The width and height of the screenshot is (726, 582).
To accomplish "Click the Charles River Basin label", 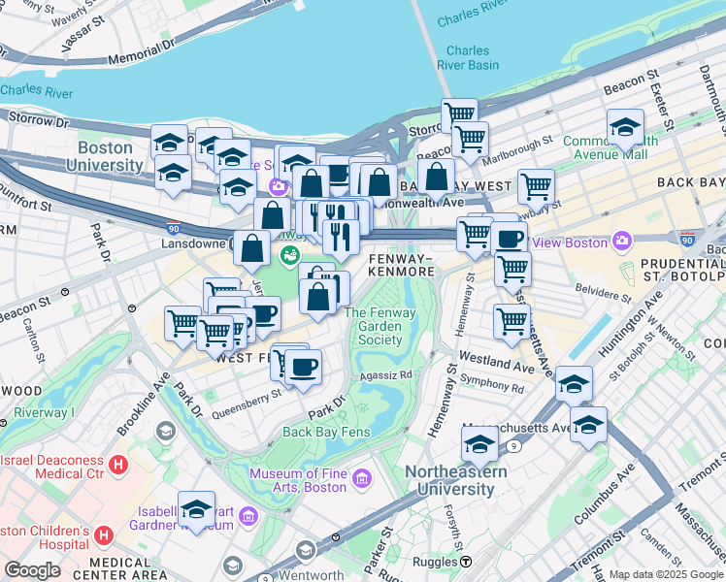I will pos(473,58).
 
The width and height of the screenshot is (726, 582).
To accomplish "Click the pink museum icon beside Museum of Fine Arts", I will pos(362,476).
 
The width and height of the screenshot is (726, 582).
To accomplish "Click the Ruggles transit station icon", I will pos(466,562).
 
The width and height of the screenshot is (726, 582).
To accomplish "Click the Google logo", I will pos(33,570).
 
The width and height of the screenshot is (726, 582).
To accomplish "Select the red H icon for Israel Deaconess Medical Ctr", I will pos(118,465).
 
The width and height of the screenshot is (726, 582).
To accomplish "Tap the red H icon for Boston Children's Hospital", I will pos(105,534).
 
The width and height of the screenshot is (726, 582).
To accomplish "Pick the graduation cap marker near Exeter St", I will pos(625,126).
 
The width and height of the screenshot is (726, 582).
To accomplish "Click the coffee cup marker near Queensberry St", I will pos(303,367).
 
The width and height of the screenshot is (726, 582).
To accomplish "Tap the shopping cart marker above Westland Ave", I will pos(511,321).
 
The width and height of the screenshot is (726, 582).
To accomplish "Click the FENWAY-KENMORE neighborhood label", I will pos(402,266).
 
